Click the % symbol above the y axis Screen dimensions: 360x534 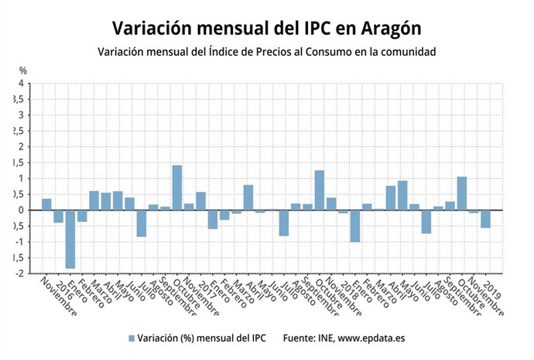(23, 71)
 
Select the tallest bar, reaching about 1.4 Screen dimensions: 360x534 (177, 187)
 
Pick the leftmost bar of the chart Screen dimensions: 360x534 (46, 204)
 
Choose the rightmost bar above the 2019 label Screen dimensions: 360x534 (485, 218)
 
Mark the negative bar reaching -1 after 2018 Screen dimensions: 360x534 (355, 226)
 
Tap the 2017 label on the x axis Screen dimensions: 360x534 (204, 285)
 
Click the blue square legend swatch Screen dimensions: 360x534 (132, 338)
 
